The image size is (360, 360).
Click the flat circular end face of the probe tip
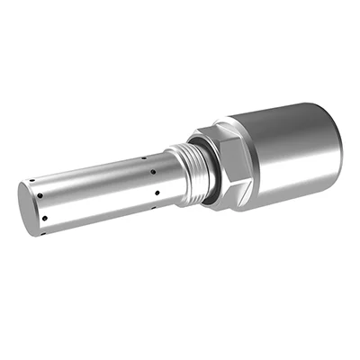coord(29,210)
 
